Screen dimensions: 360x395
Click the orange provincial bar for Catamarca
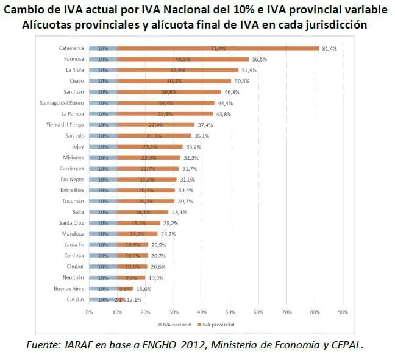[x=218, y=48]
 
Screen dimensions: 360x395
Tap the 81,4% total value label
[x=330, y=48]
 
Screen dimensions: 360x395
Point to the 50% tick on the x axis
[x=230, y=312]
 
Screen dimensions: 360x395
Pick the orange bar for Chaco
[x=174, y=80]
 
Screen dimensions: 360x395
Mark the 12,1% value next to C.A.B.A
[x=133, y=300]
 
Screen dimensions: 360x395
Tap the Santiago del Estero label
[x=62, y=103]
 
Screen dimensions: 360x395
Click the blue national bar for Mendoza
[x=103, y=234]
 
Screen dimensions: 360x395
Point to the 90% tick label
[x=343, y=312]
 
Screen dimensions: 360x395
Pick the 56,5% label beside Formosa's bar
[x=260, y=59]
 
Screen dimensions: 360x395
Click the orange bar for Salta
[x=143, y=212]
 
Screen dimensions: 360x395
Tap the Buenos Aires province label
[x=68, y=289]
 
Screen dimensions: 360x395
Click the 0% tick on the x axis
[x=89, y=312]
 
